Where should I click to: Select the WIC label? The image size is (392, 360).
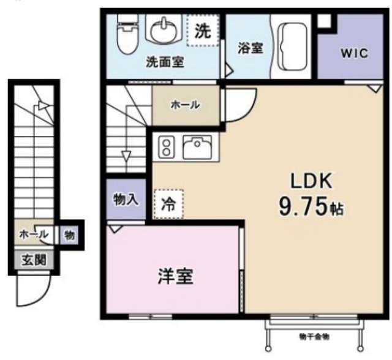click(350, 53)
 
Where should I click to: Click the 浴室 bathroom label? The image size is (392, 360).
click(251, 48)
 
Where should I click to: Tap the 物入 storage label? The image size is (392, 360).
click(126, 199)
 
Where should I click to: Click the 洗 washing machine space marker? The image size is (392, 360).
click(202, 31)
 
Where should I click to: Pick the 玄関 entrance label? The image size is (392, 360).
click(34, 260)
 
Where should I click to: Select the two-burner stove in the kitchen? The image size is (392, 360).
click(166, 147)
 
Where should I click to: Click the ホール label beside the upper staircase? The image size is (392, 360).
click(184, 105)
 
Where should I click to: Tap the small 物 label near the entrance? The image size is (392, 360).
click(69, 234)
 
